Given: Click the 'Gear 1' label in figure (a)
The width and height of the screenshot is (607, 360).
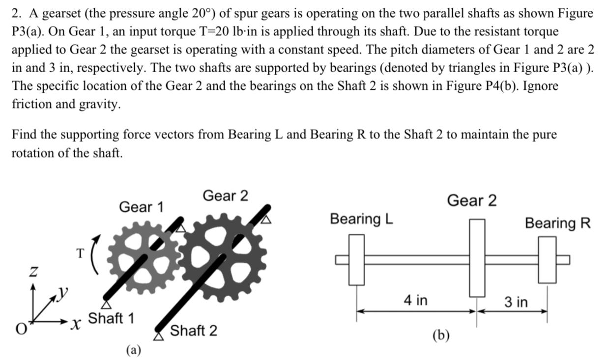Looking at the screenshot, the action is coord(141,207).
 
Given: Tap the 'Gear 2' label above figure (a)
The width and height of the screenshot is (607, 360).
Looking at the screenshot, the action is coord(225,195).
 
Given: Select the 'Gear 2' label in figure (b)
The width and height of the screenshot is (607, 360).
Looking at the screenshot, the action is coord(471,200).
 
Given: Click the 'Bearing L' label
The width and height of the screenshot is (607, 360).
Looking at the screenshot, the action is coord(361,219).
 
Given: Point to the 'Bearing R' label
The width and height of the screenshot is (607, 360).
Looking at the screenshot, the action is coord(557,223).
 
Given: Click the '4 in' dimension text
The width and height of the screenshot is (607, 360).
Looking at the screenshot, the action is coord(415,300).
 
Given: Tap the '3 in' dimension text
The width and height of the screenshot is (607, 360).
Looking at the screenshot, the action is coord(516,302).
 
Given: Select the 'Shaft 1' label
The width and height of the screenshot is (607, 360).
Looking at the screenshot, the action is coord(111,318).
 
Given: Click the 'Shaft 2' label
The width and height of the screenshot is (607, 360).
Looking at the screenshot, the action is coord(193,330).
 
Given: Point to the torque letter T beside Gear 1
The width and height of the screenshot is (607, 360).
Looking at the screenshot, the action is coord(80,253).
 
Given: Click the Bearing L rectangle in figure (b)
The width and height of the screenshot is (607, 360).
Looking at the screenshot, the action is coord(356,259).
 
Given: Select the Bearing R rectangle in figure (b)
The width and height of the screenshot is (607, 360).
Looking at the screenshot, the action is coord(547,259).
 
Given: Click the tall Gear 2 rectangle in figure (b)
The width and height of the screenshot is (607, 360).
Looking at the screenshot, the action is coord(477,258).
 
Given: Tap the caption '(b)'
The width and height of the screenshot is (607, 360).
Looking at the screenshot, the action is coord(441,335).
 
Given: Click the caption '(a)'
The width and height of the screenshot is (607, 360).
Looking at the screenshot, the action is coord(133,349).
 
